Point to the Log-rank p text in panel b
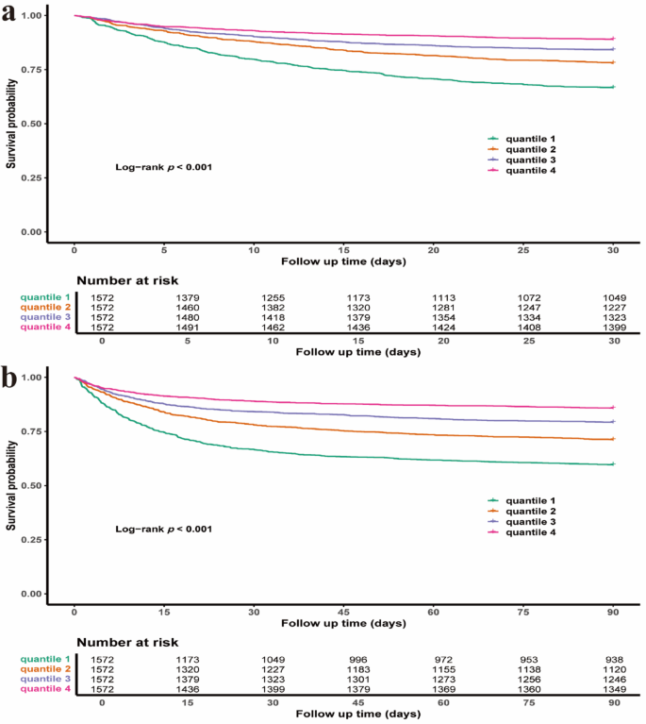tap(157, 529)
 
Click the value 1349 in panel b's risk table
tap(613, 689)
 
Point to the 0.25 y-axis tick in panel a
tap(31, 177)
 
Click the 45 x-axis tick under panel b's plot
tap(344, 613)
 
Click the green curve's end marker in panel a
tap(613, 87)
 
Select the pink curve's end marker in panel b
tap(613, 408)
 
